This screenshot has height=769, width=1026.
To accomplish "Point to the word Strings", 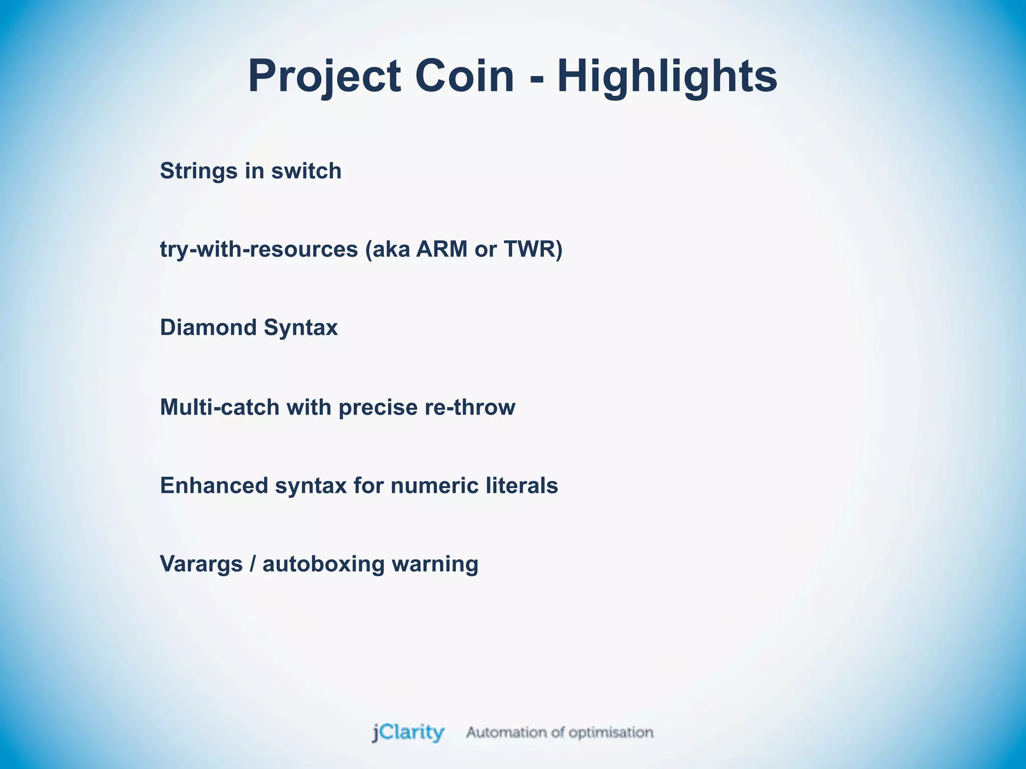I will tap(199, 171).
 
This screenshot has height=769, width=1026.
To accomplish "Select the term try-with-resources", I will tap(259, 249).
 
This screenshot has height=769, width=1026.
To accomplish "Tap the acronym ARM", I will tap(441, 249).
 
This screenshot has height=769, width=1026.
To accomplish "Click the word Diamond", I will tap(208, 328).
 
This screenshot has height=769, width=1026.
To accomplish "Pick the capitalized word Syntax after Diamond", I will tap(301, 328).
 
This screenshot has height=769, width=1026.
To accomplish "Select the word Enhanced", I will tap(214, 486).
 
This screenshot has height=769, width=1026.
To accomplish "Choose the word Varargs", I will tap(201, 564).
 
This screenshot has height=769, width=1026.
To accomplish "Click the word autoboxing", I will tap(324, 564).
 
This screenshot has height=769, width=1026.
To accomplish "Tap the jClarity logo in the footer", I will tap(408, 732).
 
